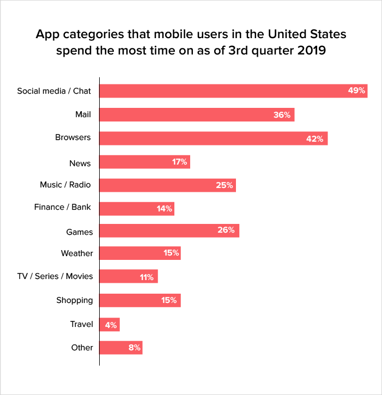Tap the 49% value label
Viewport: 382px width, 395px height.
pos(356,90)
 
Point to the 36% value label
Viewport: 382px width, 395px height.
pos(282,115)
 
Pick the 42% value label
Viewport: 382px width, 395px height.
pos(315,139)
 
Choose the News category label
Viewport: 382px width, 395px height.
pos(80,163)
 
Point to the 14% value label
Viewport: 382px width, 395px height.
pos(164,209)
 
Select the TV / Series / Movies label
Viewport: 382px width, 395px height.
pos(55,276)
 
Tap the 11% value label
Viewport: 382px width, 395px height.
pos(147,277)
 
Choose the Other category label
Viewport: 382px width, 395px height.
pos(82,348)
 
